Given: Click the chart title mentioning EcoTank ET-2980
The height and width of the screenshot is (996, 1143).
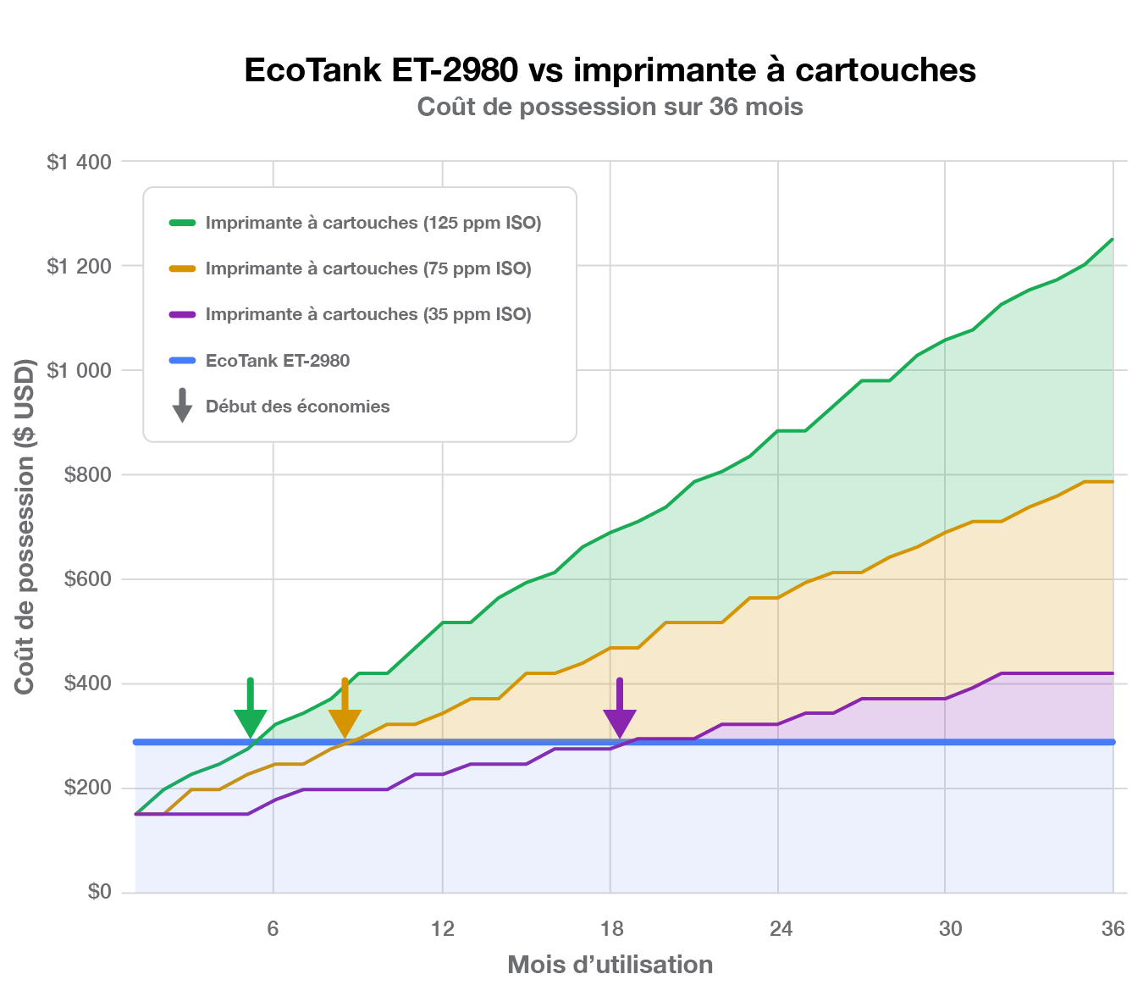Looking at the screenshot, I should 610,69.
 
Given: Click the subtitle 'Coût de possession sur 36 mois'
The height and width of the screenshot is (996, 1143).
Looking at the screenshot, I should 610,108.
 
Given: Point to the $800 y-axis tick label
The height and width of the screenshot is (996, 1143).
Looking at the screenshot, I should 87,475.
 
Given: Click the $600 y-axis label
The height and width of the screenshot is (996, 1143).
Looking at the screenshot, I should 87,579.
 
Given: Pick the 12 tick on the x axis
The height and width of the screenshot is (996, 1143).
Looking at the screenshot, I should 442,929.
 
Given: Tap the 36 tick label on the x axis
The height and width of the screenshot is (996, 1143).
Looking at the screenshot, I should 1113,929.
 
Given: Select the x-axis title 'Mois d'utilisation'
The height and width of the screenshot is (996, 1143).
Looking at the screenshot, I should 610,965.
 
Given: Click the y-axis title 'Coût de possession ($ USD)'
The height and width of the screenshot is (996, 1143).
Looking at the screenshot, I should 25,526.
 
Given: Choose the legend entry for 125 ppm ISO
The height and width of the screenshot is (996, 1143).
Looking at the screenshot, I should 373,223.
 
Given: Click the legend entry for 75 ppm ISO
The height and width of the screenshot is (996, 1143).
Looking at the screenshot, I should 367,268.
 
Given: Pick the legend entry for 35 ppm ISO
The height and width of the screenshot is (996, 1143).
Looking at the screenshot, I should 367,314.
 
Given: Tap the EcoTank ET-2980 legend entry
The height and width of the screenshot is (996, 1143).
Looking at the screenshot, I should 277,361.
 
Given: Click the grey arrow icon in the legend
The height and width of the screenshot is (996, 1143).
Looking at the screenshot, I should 182,406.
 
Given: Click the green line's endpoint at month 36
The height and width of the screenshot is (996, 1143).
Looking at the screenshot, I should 1112,240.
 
